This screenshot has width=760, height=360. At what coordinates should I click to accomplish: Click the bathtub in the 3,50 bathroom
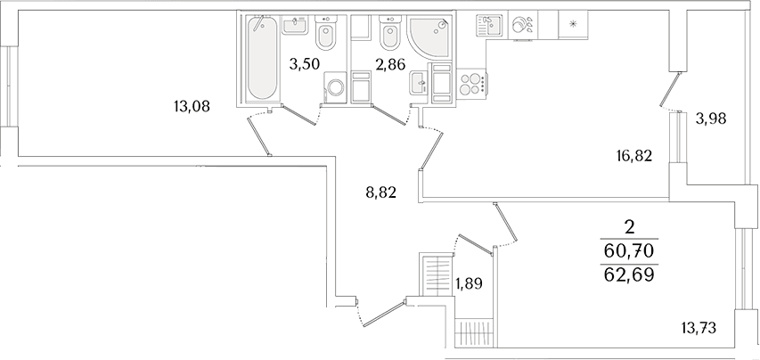262,58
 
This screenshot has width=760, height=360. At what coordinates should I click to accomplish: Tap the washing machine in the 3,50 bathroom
334,88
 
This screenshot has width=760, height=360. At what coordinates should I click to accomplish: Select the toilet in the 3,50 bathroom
326,34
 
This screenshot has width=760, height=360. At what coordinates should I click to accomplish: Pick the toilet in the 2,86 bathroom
390,34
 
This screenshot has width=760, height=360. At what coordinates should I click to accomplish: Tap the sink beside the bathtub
294,25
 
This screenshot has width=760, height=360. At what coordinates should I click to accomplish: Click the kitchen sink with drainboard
489,25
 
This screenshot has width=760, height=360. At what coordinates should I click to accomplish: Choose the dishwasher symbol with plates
522,25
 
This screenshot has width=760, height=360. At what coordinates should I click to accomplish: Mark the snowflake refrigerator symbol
574,24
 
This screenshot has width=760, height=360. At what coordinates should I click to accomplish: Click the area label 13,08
192,106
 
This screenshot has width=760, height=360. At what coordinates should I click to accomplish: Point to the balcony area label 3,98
712,119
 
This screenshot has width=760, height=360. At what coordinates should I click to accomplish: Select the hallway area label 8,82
381,193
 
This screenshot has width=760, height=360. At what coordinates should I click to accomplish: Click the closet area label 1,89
470,282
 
